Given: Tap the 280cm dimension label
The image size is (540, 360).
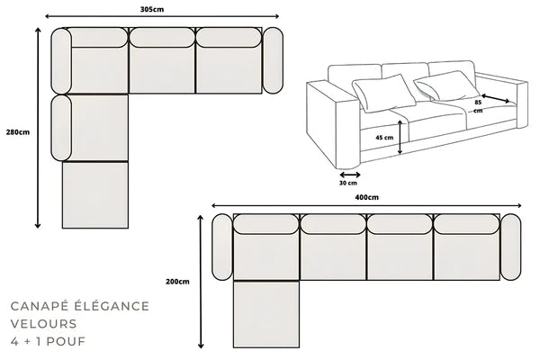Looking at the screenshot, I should coord(17,130).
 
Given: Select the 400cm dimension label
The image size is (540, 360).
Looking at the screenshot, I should coord(366,197).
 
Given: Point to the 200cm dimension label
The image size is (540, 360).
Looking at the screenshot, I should coord(178,282).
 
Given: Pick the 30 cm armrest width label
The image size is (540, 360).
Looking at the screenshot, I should coord(347,184).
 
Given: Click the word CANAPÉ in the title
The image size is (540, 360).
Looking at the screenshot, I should coord(39,307).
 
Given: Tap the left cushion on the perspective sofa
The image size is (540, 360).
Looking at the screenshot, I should coord(378,91).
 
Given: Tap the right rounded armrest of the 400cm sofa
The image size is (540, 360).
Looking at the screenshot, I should coord(511,247).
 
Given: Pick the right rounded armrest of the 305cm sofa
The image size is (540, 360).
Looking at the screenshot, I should coord(274,60).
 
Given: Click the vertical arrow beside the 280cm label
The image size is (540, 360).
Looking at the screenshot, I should coord(38,126).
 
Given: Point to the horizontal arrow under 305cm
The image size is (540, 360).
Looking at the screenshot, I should coord(162,17).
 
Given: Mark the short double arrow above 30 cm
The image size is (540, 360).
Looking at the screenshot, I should coord(349,174).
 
